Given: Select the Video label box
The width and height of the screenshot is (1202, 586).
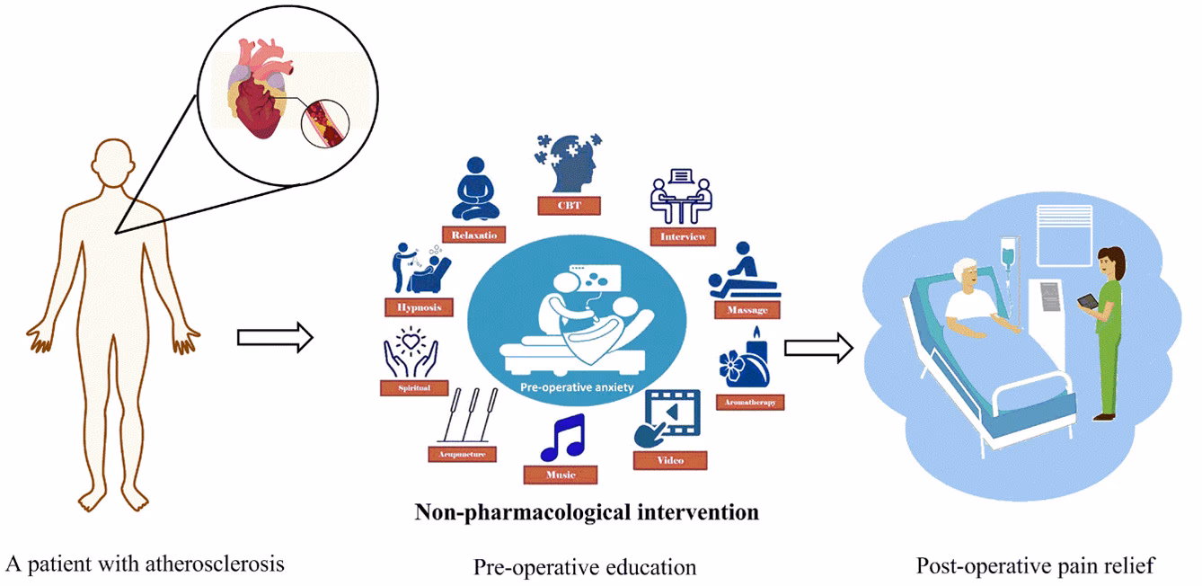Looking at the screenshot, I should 670,460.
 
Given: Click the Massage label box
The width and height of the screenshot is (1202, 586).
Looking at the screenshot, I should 746,310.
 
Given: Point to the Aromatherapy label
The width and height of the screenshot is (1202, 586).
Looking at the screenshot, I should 751,402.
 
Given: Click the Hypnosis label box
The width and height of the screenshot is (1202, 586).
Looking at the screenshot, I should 419,306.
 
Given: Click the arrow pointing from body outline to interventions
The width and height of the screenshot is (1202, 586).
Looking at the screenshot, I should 274,338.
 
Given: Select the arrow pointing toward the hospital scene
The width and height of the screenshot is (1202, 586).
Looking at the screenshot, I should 818,348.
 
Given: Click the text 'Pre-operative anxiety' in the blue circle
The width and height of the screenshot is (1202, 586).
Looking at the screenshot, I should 578,388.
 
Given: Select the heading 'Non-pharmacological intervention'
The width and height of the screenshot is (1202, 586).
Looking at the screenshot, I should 587,513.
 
